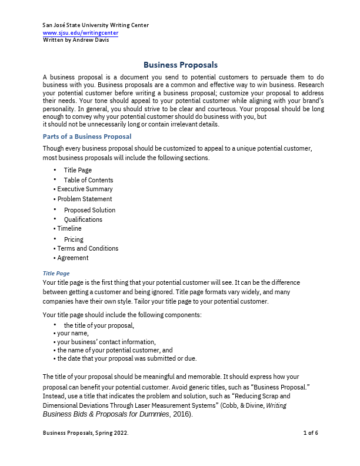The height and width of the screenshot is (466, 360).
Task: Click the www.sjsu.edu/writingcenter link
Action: (81, 32)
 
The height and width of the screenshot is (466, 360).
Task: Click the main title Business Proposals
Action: (181, 65)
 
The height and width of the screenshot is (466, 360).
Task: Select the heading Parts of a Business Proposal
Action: (87, 137)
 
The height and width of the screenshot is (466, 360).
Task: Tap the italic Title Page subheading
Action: (56, 273)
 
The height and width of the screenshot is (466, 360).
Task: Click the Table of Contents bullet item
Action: (88, 180)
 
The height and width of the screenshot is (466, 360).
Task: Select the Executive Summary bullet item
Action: (85, 189)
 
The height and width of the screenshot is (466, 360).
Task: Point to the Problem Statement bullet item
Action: (84, 199)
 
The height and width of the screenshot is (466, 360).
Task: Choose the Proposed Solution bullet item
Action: (89, 210)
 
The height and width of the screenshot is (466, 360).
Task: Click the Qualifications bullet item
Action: (83, 219)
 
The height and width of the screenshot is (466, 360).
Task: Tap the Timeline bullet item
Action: (69, 228)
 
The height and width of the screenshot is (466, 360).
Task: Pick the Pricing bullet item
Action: (74, 239)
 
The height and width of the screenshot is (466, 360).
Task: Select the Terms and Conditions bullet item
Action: (88, 248)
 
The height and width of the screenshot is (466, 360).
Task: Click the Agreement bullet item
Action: (73, 258)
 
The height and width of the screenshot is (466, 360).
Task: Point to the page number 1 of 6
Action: (311, 433)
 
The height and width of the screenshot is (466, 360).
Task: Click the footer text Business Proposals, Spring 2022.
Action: (86, 433)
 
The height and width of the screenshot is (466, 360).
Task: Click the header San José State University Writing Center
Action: (96, 25)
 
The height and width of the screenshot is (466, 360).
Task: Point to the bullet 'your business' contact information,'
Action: (106, 342)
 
